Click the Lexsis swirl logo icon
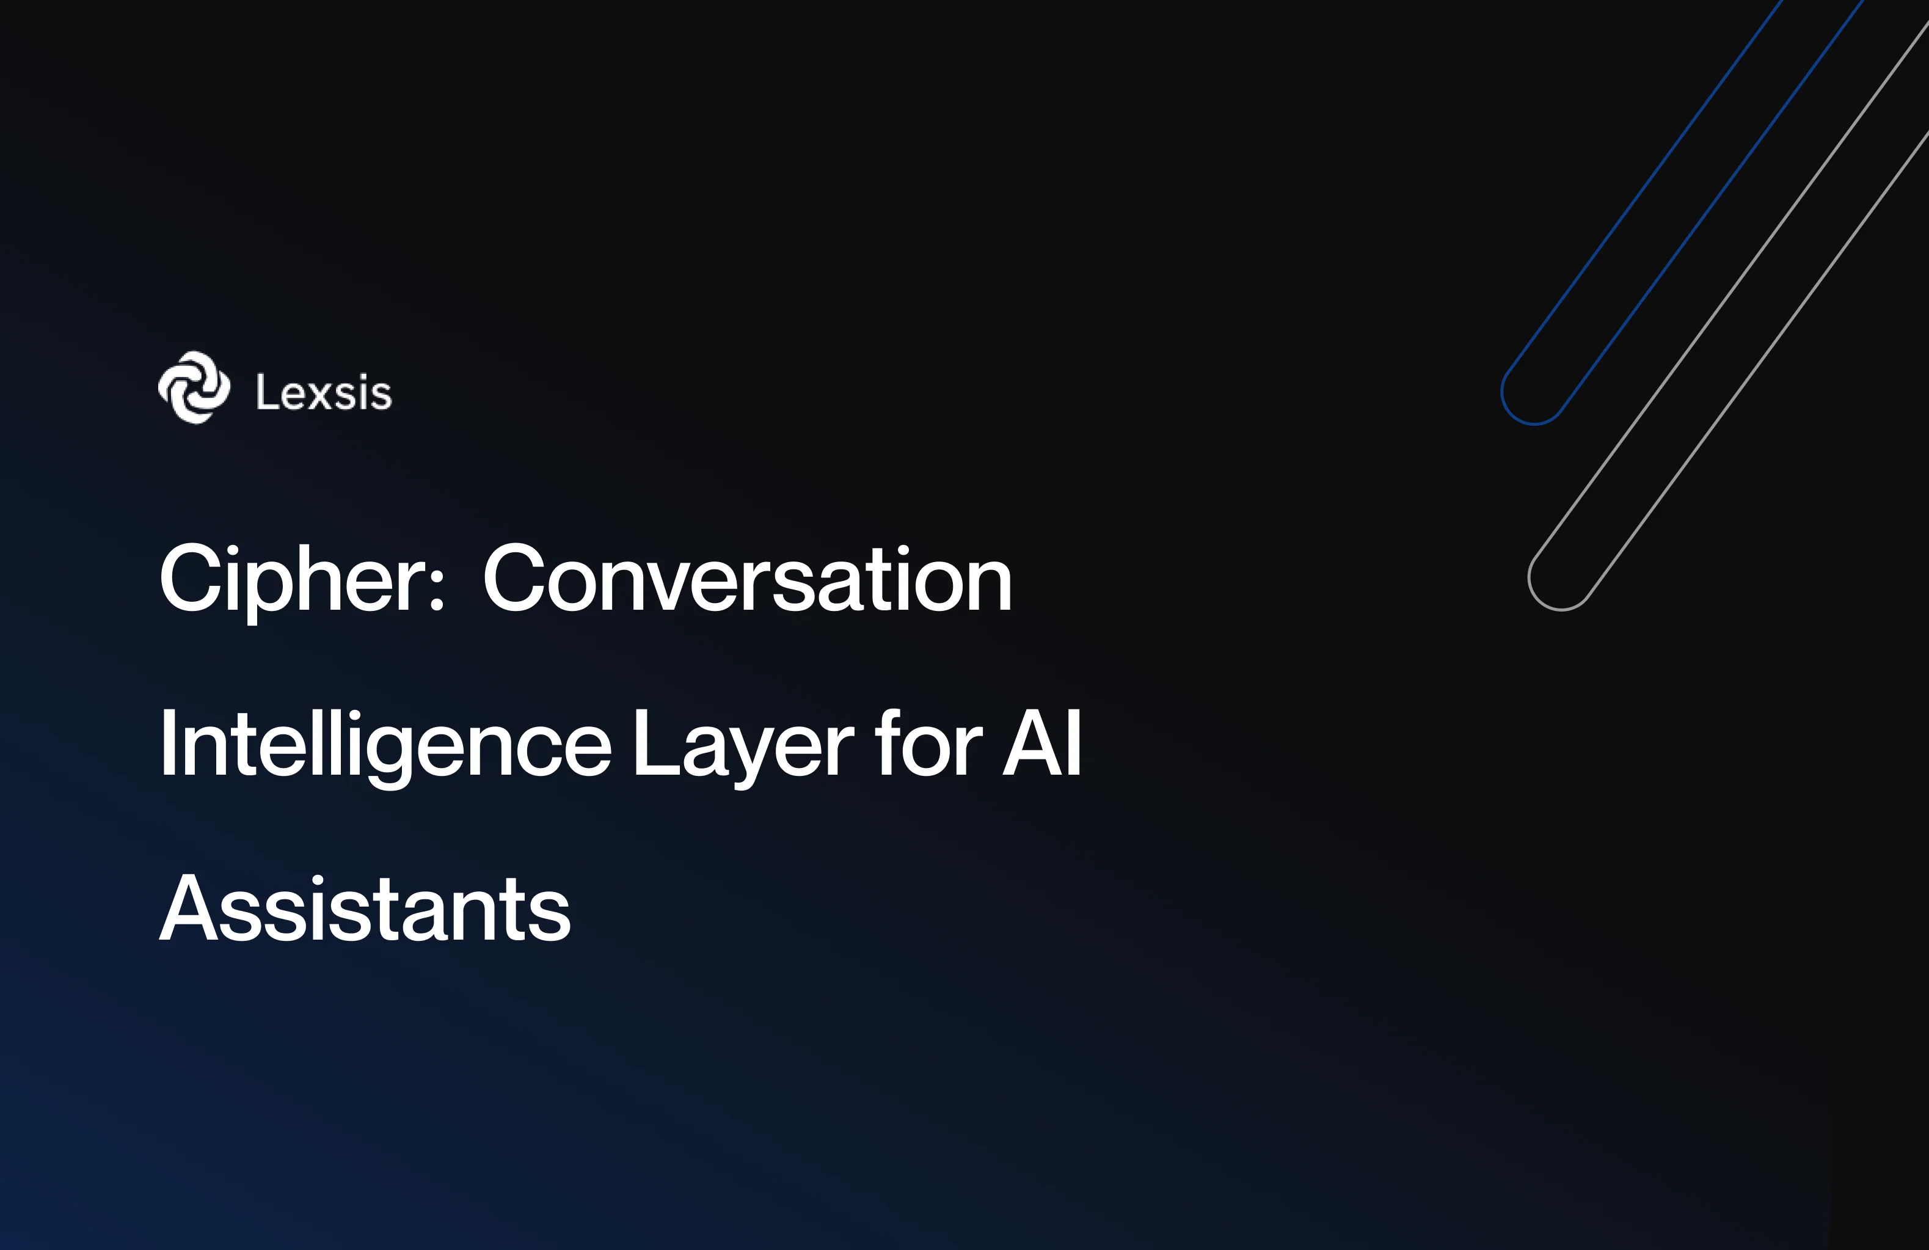(x=194, y=387)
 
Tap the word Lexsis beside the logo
(x=323, y=393)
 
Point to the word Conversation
(x=746, y=579)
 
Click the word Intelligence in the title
(x=385, y=744)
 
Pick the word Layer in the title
(x=742, y=744)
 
